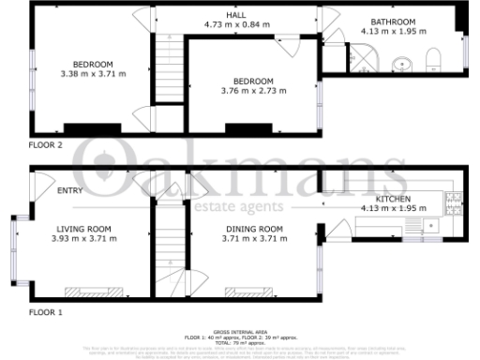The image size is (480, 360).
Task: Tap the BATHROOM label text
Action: point(392,22)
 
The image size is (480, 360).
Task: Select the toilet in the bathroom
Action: point(432,63)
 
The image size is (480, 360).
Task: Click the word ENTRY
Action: point(69,191)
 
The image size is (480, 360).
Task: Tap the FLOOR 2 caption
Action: point(45,145)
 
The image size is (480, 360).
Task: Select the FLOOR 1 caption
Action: point(45,311)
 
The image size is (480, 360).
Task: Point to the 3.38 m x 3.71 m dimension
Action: point(93,73)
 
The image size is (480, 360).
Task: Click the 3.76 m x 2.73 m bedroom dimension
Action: point(254,90)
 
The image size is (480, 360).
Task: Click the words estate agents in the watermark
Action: point(240,206)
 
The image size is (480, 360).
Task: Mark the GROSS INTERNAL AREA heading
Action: point(239,331)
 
